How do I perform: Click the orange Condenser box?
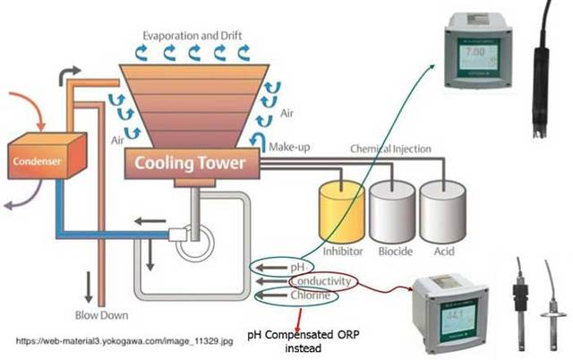[44, 162]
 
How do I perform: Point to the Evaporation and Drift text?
[194, 35]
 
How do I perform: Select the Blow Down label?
[101, 315]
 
